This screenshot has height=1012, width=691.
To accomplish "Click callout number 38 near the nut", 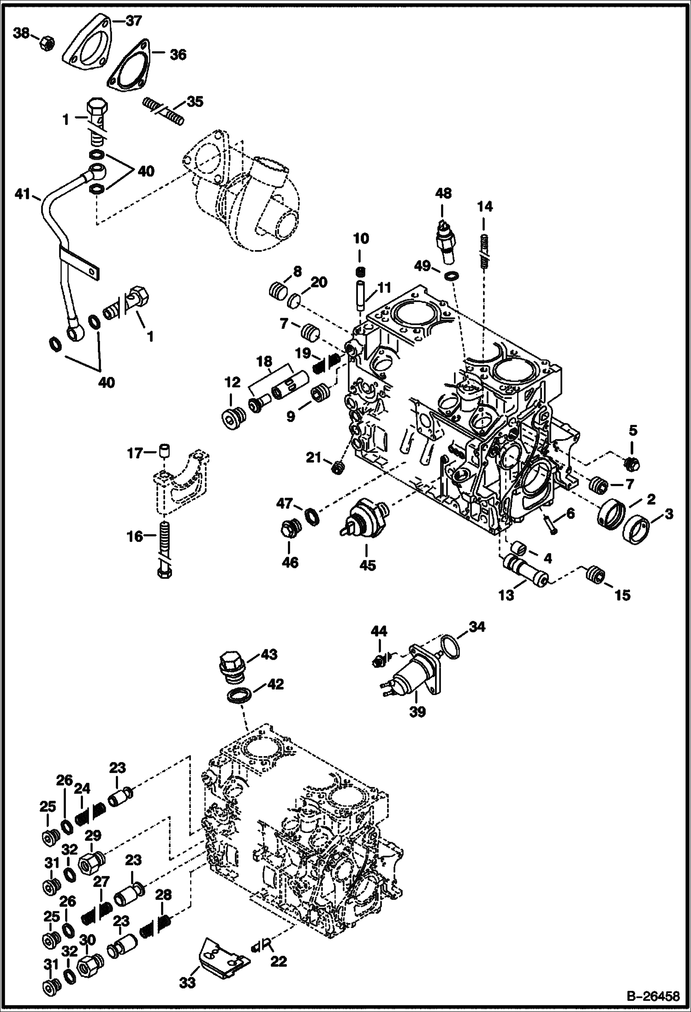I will click(x=21, y=33).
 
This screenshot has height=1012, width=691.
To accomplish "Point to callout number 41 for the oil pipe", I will click(x=21, y=195).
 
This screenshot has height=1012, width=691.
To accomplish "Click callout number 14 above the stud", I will click(x=484, y=207).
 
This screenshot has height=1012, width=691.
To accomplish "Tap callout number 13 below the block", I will click(x=506, y=595).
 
